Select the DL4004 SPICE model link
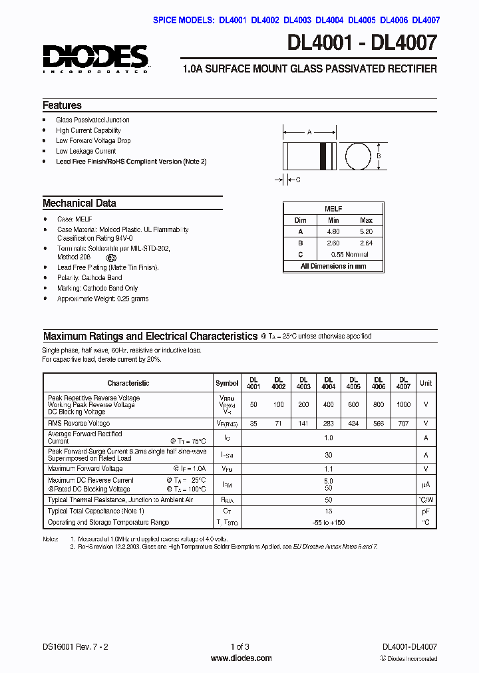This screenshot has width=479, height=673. tap(331, 20)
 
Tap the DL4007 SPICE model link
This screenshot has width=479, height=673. tap(426, 20)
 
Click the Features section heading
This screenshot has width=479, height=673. tap(62, 105)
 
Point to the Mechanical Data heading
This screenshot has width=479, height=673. tap(79, 203)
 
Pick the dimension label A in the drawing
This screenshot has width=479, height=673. tap(309, 132)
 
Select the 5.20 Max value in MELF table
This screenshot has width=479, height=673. tap(367, 231)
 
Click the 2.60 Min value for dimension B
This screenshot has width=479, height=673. tap(333, 243)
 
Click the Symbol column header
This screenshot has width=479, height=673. tap(227, 383)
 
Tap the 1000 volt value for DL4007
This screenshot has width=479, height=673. tap(403, 404)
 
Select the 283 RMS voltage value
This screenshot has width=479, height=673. tap(329, 423)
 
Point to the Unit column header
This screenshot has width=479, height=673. tap(426, 383)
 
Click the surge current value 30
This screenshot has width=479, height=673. tap(329, 454)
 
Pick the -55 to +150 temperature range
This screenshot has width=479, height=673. tap(329, 522)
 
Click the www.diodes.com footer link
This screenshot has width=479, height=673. tap(241, 658)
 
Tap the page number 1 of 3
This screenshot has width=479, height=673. tap(239, 646)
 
